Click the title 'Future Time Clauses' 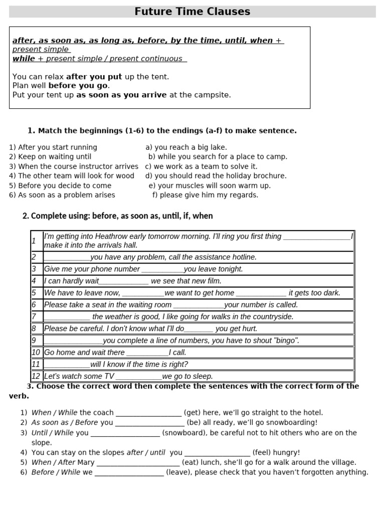point(192,12)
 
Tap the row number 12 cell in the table point(36,376)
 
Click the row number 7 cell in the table point(35,317)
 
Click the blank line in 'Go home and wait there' point(147,353)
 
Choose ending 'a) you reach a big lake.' point(186,147)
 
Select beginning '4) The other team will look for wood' point(72,176)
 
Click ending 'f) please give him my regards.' point(205,195)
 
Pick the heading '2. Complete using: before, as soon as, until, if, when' point(118,216)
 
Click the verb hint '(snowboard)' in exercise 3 point(183,433)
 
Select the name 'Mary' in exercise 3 point(86,462)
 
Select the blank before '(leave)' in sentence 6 point(129,473)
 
